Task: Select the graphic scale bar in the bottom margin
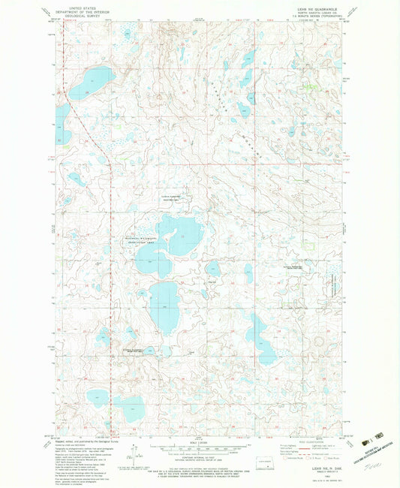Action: click(x=200, y=447)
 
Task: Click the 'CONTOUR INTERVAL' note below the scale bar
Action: click(x=200, y=459)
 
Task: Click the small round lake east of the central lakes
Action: click(x=213, y=268)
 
